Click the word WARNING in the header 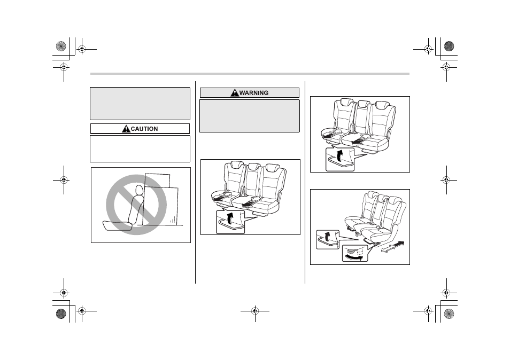click(254, 93)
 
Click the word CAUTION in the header click(144, 129)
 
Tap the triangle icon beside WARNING click(235, 93)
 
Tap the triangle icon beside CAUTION click(126, 129)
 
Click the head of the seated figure click(139, 190)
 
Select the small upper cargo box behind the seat click(157, 181)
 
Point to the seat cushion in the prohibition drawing click(117, 225)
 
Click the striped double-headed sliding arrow click(392, 247)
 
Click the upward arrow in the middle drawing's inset click(230, 218)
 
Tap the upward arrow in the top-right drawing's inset click(340, 155)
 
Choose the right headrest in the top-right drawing click(382, 105)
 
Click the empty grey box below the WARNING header click(250, 116)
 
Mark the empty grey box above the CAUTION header click(140, 104)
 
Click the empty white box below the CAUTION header click(140, 149)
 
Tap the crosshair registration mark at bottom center click(255, 311)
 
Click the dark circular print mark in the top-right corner click(449, 46)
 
